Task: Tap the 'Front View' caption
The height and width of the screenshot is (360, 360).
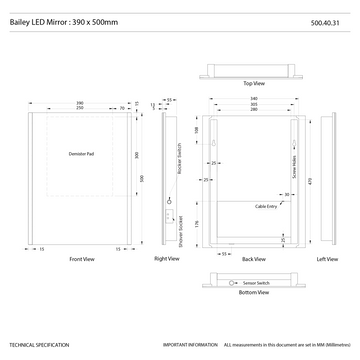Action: pyautogui.click(x=82, y=259)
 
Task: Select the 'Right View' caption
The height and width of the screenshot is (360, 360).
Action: pyautogui.click(x=167, y=259)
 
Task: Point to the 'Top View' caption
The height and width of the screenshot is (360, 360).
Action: pyautogui.click(x=254, y=83)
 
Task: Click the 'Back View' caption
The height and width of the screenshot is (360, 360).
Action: pyautogui.click(x=253, y=259)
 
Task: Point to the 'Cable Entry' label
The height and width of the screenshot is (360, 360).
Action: pyautogui.click(x=266, y=204)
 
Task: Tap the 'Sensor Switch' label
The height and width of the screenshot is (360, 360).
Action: pyautogui.click(x=256, y=285)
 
